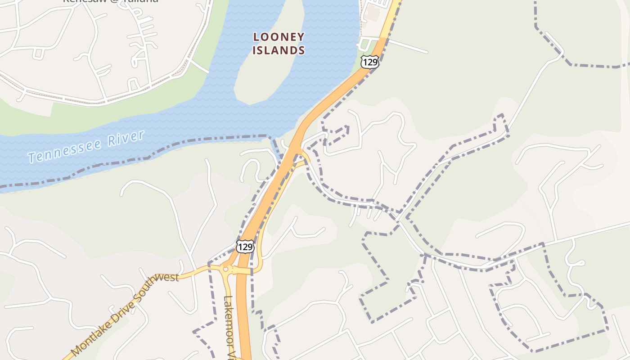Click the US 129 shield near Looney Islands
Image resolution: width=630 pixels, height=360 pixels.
pyautogui.click(x=369, y=62)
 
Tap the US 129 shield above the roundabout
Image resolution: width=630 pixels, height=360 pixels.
pyautogui.click(x=245, y=247)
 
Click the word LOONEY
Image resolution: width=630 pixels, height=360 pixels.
pyautogui.click(x=279, y=37)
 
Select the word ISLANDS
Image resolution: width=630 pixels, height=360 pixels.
pyautogui.click(x=279, y=50)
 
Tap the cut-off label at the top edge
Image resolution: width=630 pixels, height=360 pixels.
pyautogui.click(x=110, y=1)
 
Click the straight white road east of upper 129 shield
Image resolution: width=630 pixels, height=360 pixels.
pyautogui.click(x=407, y=46)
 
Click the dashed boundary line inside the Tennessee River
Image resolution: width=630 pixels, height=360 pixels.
pyautogui.click(x=135, y=160)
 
